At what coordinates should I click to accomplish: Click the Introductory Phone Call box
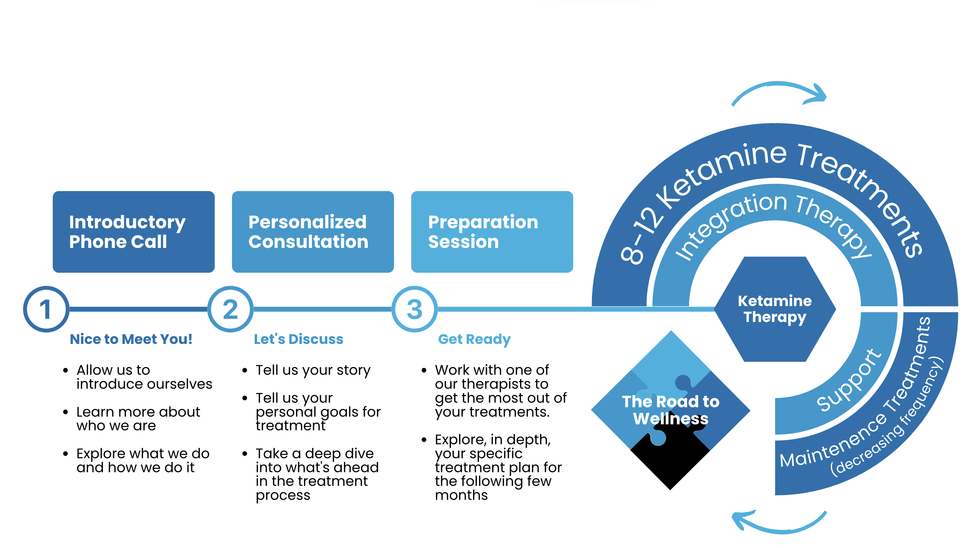pyautogui.click(x=134, y=232)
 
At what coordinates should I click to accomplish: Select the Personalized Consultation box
pyautogui.click(x=313, y=232)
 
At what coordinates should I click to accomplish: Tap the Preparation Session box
pyautogui.click(x=492, y=232)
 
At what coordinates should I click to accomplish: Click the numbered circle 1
pyautogui.click(x=46, y=309)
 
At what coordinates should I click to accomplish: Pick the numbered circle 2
pyautogui.click(x=230, y=309)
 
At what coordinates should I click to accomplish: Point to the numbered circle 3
pyautogui.click(x=414, y=309)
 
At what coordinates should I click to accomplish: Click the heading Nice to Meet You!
pyautogui.click(x=131, y=339)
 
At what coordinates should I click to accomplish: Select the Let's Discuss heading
pyautogui.click(x=298, y=339)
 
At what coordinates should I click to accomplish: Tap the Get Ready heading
pyautogui.click(x=474, y=339)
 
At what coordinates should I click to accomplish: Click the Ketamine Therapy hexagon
pyautogui.click(x=775, y=309)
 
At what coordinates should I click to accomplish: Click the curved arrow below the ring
pyautogui.click(x=779, y=523)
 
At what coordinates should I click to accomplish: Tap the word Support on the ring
pyautogui.click(x=849, y=380)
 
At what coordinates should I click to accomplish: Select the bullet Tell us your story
pyautogui.click(x=313, y=370)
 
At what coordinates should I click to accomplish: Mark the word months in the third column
pyautogui.click(x=461, y=495)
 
